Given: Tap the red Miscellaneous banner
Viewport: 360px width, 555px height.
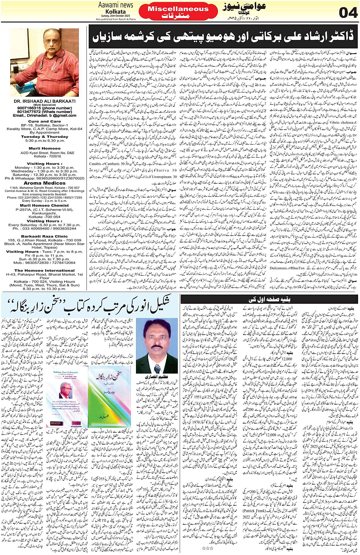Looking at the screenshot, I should [178, 12].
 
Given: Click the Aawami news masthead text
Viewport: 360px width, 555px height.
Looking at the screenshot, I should [115, 5].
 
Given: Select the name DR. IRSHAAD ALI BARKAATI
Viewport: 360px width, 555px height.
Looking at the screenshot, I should [45, 101].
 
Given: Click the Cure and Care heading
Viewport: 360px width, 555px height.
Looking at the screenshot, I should [45, 121].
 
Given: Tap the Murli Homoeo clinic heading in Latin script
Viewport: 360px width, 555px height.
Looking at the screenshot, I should [45, 148].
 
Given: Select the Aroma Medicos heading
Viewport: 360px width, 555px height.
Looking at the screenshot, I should [45, 183].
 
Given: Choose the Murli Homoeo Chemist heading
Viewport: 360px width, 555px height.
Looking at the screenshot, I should [45, 205].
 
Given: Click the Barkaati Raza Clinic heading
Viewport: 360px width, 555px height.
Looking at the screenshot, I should [45, 236].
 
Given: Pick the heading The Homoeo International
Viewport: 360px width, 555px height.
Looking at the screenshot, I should [45, 270].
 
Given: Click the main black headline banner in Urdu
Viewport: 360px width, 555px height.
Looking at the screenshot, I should [223, 37].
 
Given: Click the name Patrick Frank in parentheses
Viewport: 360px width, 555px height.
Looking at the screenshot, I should [255, 511].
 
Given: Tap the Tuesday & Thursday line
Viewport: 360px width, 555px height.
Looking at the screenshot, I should [45, 137].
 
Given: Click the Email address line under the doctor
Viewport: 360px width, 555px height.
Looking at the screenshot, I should [45, 115].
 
